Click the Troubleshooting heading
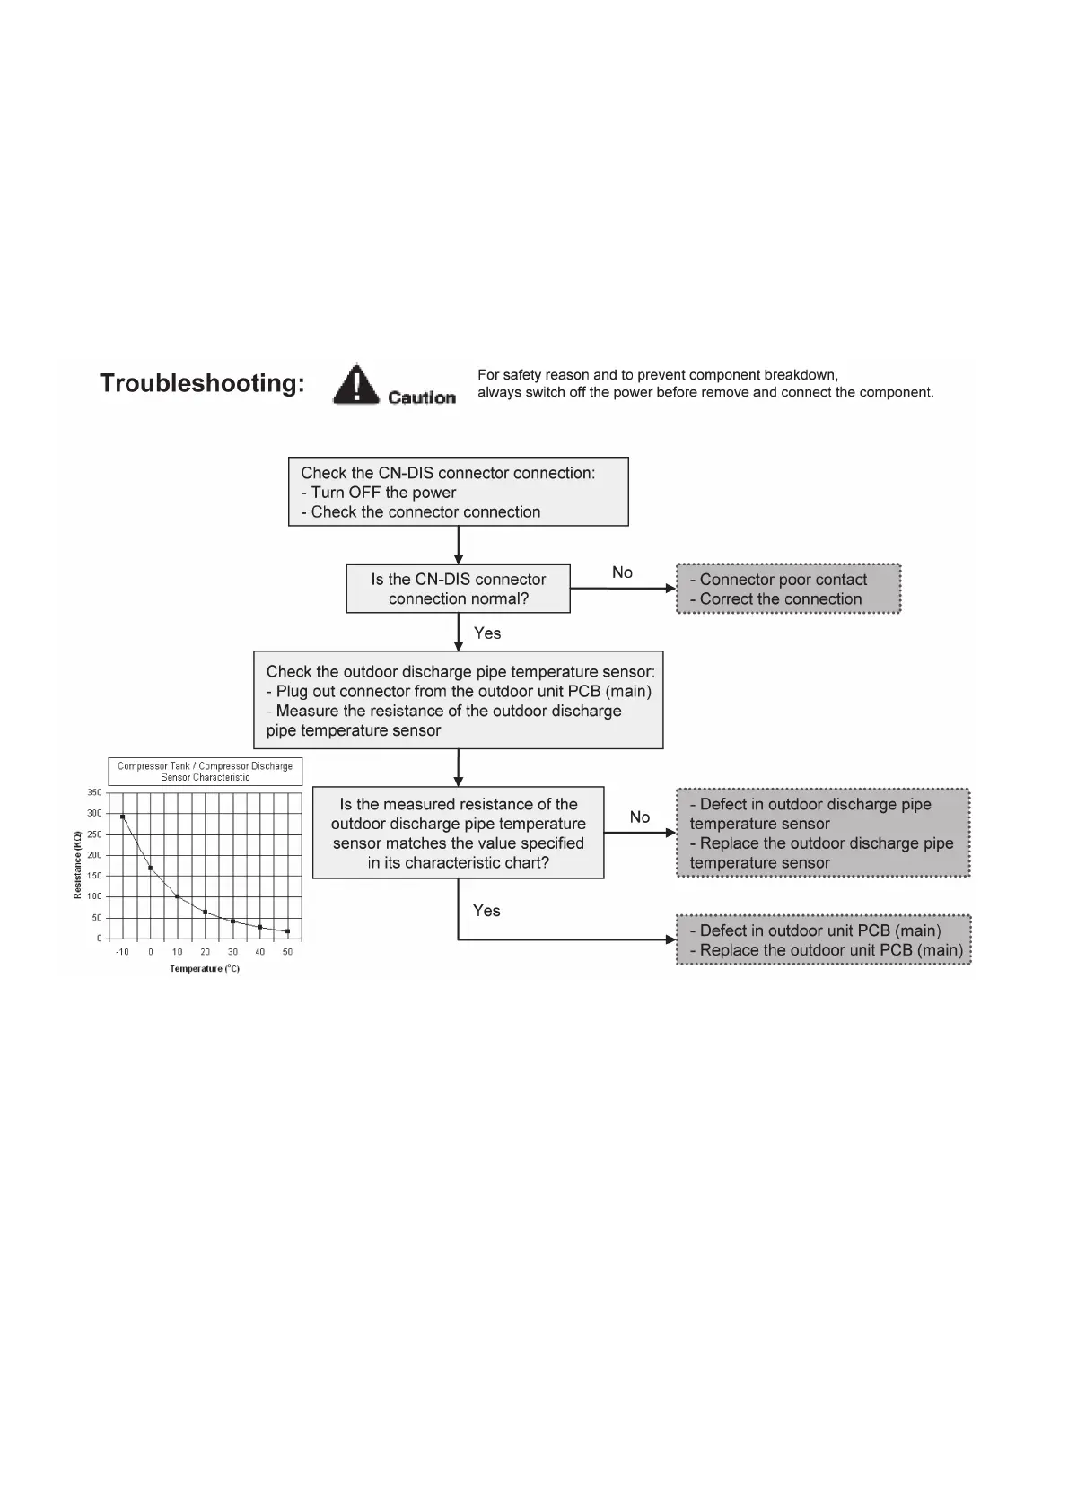pos(202,383)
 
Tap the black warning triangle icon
pos(356,384)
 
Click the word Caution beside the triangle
pos(422,397)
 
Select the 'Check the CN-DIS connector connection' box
pos(458,492)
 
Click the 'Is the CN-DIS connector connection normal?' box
pos(458,589)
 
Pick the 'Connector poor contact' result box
pos(788,589)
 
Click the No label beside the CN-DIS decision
pos(622,572)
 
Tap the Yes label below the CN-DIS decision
pos(487,633)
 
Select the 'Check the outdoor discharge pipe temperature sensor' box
pos(458,700)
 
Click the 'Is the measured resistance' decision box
pos(458,833)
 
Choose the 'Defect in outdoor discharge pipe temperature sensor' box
pos(822,833)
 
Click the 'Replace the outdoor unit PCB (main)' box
pos(822,940)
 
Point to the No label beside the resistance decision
pos(639,817)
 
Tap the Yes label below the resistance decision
pos(486,911)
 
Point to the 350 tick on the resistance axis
pos(94,792)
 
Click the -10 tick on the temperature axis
pos(122,952)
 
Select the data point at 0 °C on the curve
pos(150,868)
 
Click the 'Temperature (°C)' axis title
pos(205,969)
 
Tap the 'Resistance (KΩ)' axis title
pos(78,865)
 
